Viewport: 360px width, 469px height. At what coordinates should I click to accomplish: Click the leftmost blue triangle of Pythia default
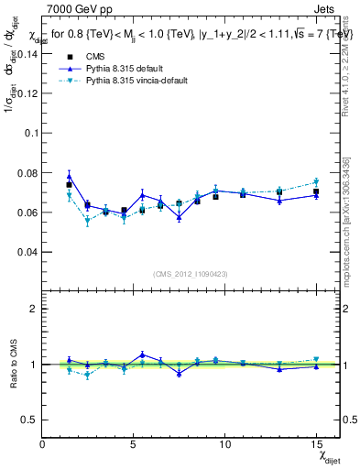pos(69,177)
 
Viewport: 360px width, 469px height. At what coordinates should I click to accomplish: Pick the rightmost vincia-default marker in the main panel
pos(315,181)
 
